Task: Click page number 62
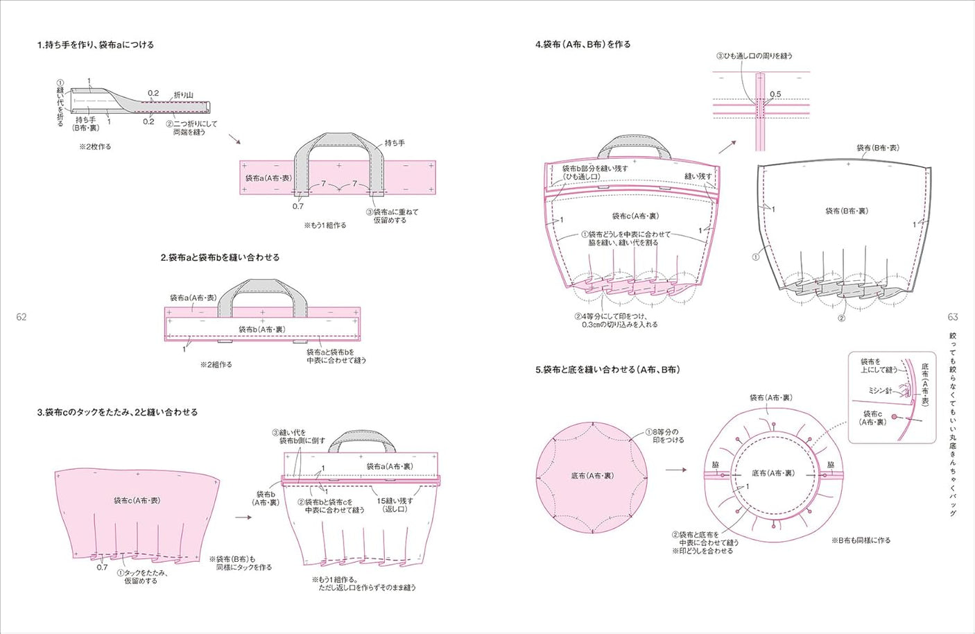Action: point(21,317)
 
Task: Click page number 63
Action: point(953,317)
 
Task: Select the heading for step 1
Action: point(96,45)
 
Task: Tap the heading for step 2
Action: point(220,257)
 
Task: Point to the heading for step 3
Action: point(117,412)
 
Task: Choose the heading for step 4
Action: point(583,44)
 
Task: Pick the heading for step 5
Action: point(607,370)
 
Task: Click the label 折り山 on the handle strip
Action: point(183,95)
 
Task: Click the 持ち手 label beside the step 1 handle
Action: point(395,143)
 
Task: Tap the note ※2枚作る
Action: point(95,147)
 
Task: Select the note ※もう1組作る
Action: point(325,225)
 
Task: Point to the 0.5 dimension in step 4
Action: point(775,94)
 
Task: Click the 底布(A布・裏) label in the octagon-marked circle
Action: point(592,476)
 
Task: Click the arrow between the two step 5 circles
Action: point(675,470)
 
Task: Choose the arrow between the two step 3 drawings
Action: point(243,517)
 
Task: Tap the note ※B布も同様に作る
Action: point(861,540)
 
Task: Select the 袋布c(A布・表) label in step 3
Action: point(137,500)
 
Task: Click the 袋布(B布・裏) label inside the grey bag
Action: point(846,211)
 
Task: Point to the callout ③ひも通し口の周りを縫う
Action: point(754,56)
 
